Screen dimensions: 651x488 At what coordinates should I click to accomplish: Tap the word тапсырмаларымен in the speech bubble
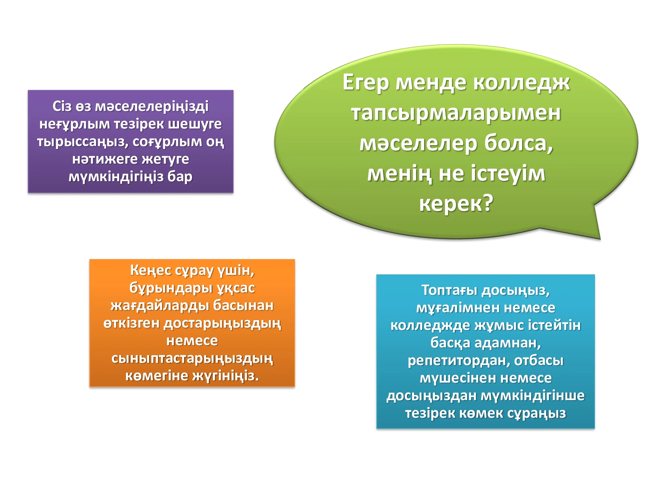coord(456,113)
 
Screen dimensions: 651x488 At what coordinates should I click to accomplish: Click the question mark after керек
coord(488,203)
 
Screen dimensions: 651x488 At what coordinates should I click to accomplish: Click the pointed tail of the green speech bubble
coord(600,239)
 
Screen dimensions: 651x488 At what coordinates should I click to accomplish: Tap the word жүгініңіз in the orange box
coord(225,376)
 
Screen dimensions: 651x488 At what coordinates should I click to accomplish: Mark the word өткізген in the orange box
coord(132,323)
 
